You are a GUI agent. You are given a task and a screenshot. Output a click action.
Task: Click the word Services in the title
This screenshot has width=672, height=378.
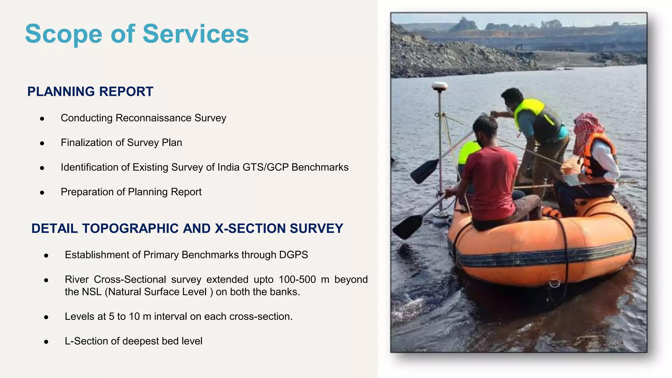click(x=196, y=34)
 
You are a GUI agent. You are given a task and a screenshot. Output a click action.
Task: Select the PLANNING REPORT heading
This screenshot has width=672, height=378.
click(x=90, y=92)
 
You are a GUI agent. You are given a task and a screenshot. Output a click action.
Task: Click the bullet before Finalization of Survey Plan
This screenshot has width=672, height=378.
click(x=42, y=143)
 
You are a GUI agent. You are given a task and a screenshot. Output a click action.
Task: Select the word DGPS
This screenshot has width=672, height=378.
click(x=293, y=255)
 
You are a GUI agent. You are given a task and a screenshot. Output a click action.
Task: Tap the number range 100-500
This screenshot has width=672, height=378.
click(x=297, y=280)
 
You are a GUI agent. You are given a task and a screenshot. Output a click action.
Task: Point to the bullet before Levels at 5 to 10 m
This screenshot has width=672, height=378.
click(x=46, y=317)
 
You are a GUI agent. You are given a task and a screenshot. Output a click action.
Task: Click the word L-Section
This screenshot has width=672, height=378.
click(x=86, y=341)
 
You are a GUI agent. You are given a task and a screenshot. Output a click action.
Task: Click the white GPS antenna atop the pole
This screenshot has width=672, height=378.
click(x=439, y=86)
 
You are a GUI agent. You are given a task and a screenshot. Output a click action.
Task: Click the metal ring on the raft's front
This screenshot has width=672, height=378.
click(x=555, y=283)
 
